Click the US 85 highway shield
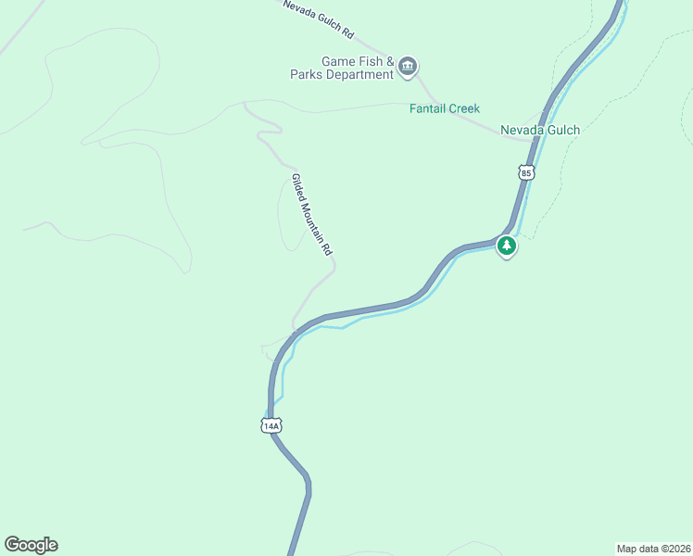pyautogui.click(x=526, y=172)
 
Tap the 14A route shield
pyautogui.click(x=270, y=425)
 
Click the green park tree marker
pyautogui.click(x=506, y=246)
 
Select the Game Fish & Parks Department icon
pyautogui.click(x=409, y=66)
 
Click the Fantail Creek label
pyautogui.click(x=445, y=108)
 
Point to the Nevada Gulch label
pyautogui.click(x=540, y=130)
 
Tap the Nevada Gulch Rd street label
pyautogui.click(x=319, y=19)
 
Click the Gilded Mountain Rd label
pyautogui.click(x=311, y=214)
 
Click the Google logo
pyautogui.click(x=31, y=544)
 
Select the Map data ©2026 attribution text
pyautogui.click(x=653, y=548)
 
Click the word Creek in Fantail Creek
pyautogui.click(x=464, y=108)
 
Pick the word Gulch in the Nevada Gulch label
pyautogui.click(x=562, y=130)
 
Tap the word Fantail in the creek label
pyautogui.click(x=428, y=108)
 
